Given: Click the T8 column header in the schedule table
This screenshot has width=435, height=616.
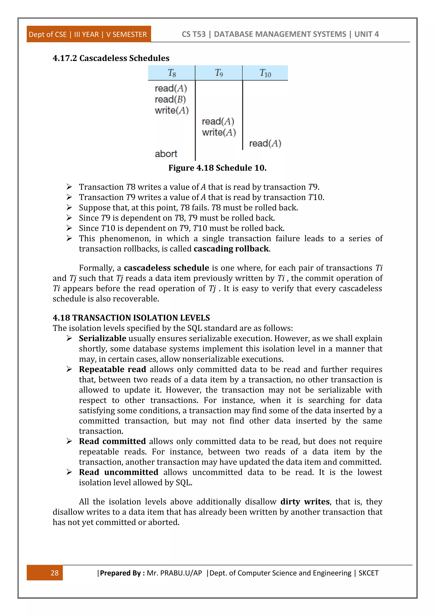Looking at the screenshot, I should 172,73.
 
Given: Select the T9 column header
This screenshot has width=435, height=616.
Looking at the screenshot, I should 219,73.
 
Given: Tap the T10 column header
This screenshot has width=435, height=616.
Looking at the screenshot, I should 265,73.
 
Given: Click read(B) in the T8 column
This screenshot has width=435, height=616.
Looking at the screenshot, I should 170,99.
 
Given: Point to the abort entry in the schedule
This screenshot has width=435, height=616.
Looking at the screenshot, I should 166,154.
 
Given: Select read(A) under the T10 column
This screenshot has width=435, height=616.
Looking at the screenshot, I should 265,143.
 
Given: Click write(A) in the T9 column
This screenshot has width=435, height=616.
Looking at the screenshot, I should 219,132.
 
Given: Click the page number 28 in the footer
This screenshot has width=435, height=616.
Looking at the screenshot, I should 54,573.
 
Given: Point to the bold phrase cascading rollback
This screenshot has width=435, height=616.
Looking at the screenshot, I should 231,249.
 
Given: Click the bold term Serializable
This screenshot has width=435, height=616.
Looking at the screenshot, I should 102,338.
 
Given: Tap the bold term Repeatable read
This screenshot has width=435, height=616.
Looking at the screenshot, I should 113,369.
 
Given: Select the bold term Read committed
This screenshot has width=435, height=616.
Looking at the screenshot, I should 112,441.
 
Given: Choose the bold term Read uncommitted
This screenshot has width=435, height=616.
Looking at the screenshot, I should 118,472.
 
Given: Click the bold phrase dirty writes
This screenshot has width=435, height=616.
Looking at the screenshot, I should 305,502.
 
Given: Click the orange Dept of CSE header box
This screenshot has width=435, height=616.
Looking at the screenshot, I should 88,34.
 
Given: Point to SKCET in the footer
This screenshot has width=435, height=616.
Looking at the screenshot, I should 368,573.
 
